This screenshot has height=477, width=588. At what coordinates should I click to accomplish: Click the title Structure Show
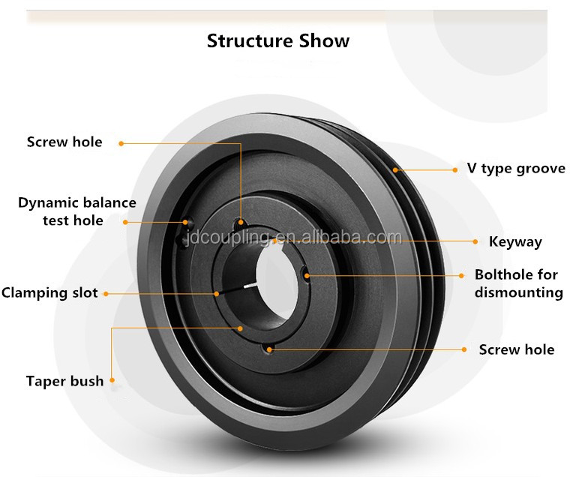click(278, 40)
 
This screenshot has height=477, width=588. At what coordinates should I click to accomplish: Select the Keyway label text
click(515, 241)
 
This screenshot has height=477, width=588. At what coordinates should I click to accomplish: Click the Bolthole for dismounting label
click(518, 283)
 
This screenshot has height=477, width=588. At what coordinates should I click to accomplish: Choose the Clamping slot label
click(50, 292)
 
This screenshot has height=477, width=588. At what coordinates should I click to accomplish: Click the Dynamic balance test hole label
click(76, 211)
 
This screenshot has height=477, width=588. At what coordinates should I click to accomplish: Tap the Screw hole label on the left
click(64, 142)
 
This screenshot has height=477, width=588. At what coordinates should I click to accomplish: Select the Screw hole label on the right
click(517, 349)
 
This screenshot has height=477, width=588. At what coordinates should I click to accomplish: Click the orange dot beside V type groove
click(454, 170)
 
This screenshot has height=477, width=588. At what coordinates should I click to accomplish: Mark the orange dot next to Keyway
click(475, 241)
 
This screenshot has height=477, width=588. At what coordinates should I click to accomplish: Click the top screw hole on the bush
click(239, 223)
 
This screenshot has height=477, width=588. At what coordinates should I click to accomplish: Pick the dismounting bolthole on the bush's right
click(304, 274)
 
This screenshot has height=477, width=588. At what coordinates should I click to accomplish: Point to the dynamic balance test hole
click(185, 222)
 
